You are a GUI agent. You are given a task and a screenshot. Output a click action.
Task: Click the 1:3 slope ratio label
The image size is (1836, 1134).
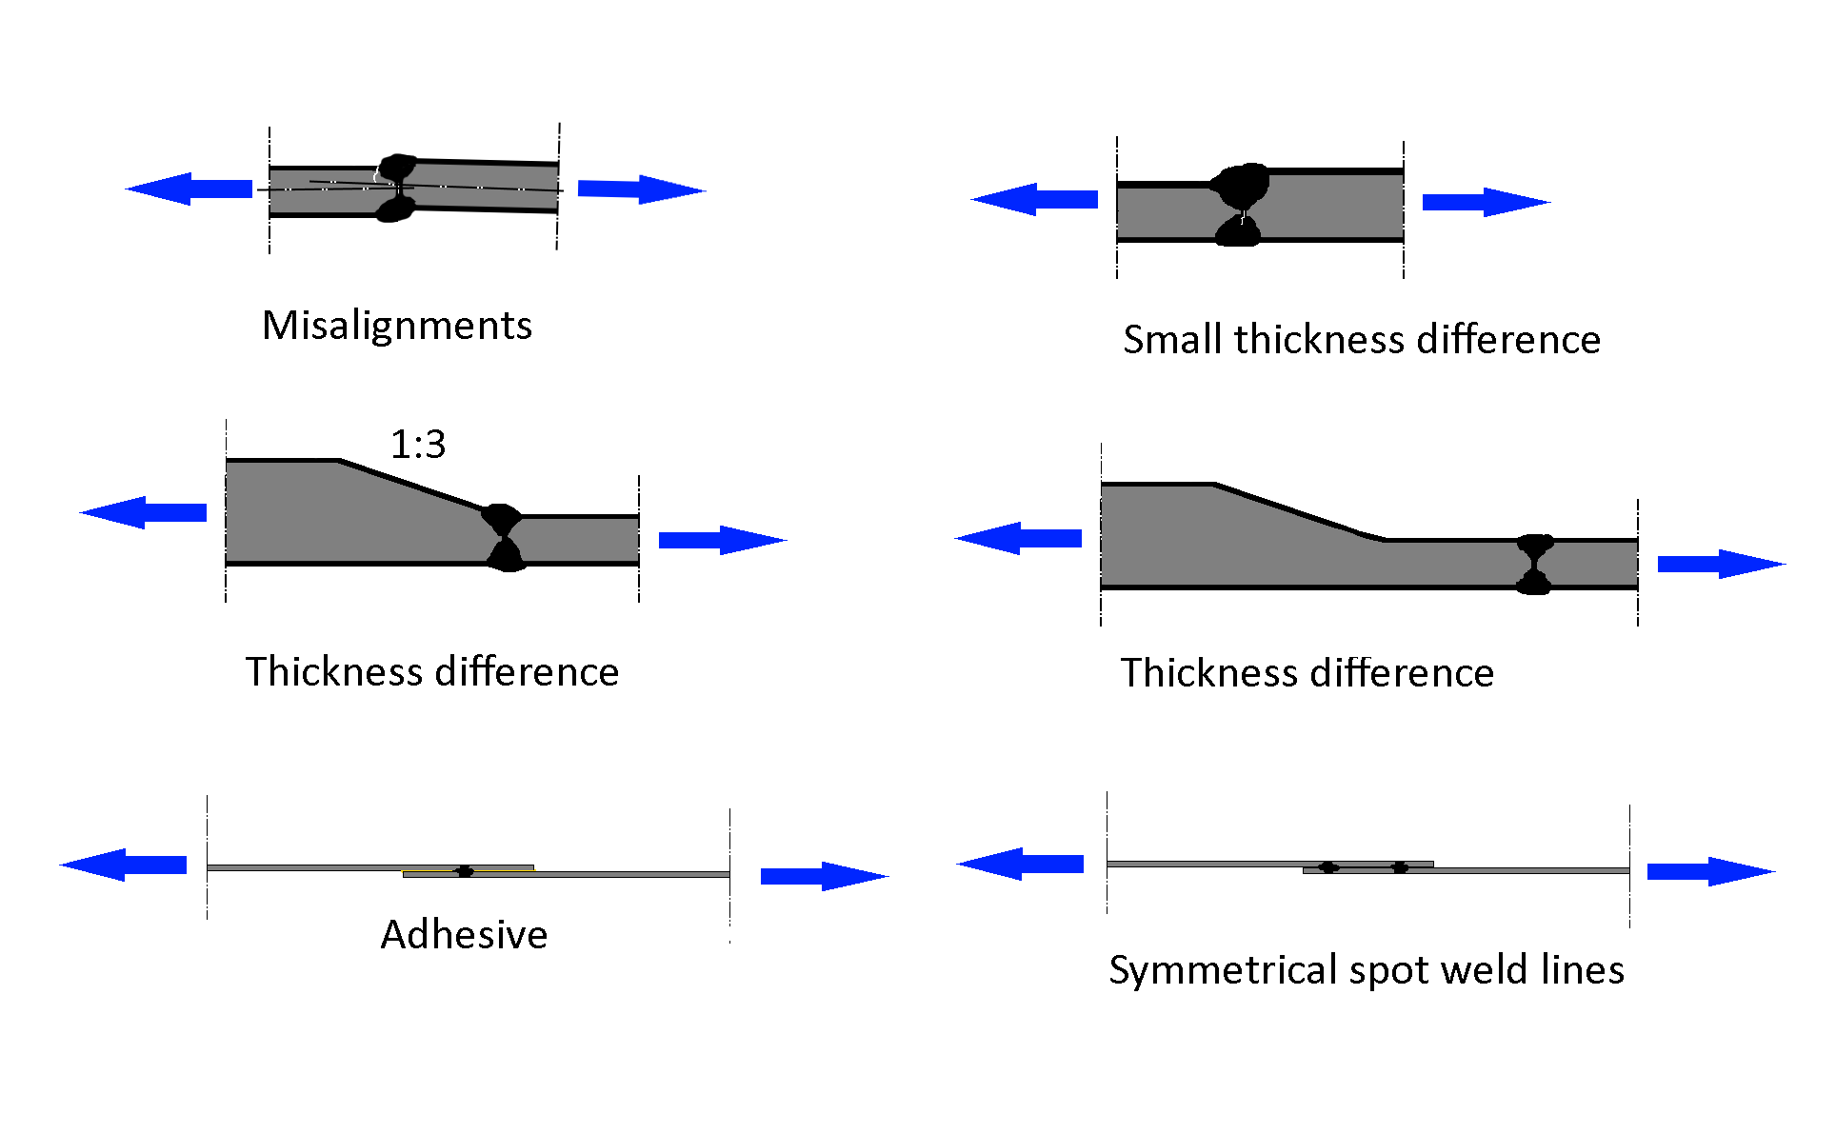click(418, 444)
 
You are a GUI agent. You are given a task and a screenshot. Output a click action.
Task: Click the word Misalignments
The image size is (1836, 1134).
click(397, 326)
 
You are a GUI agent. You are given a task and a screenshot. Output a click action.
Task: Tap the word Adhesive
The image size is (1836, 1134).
click(464, 935)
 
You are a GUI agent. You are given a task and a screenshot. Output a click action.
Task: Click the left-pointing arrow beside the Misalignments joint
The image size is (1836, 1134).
click(190, 189)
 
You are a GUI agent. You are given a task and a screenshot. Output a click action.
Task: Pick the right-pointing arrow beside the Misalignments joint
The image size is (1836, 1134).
click(641, 189)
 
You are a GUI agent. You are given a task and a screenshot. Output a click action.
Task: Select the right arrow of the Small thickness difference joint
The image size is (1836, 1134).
click(1486, 202)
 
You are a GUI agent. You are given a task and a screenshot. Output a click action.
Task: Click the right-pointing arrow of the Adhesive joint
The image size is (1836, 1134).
click(824, 876)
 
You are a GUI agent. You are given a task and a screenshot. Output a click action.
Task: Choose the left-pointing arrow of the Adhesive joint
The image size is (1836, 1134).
click(124, 865)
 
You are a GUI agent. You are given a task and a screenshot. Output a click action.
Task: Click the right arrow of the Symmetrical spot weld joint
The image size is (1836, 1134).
click(1710, 871)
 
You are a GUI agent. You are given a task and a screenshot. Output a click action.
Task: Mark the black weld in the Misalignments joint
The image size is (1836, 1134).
click(396, 188)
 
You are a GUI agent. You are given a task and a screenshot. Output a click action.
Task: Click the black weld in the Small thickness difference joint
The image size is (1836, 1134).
click(1240, 204)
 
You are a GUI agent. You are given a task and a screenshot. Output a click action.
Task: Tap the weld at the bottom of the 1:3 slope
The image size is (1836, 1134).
click(503, 538)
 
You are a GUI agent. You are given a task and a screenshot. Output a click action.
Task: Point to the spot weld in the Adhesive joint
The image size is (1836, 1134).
click(465, 871)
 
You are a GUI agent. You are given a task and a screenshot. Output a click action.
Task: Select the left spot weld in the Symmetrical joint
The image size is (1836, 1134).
click(1328, 867)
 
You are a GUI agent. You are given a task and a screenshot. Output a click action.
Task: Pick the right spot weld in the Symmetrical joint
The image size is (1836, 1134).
click(1400, 867)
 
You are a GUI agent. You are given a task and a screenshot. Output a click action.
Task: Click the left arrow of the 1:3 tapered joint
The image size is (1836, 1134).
click(144, 512)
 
